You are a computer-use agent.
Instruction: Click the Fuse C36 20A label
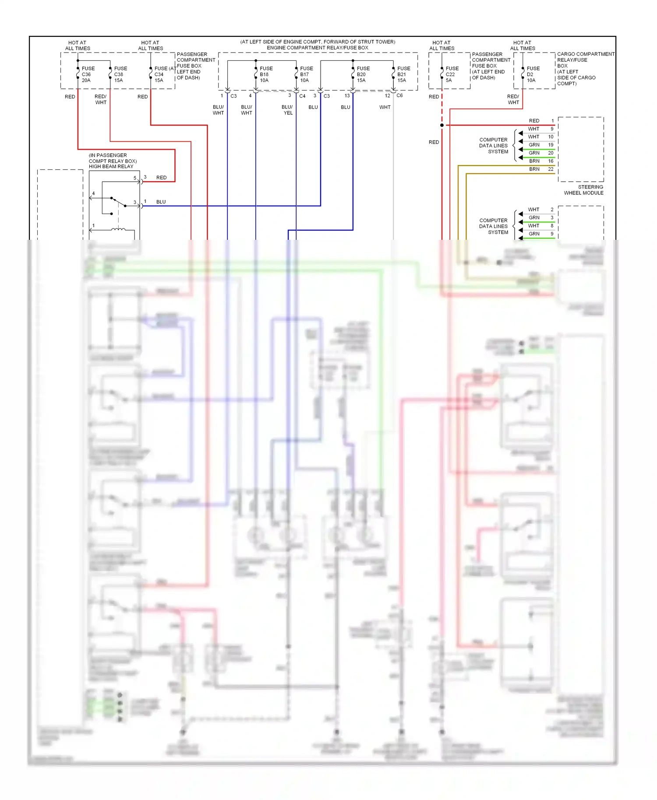[88, 74]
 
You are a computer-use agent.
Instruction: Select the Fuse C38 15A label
[120, 74]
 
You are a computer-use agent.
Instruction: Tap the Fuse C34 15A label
[160, 74]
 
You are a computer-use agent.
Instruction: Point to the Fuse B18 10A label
[266, 74]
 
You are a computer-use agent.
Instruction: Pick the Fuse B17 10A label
[306, 74]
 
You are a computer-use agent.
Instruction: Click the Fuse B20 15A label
[363, 74]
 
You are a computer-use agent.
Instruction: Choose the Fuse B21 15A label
[403, 74]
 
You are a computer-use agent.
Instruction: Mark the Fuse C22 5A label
[452, 74]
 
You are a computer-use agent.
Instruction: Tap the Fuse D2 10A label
[533, 74]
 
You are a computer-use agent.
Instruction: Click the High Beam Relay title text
[111, 166]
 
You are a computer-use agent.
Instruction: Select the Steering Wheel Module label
[583, 190]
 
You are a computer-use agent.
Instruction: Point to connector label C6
[399, 95]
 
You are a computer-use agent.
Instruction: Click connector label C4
[302, 96]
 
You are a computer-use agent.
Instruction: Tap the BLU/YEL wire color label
[287, 110]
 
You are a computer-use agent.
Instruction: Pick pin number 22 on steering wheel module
[551, 169]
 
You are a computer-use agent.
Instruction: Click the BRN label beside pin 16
[534, 161]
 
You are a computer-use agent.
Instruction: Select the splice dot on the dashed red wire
[442, 125]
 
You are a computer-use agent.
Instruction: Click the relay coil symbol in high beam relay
[118, 229]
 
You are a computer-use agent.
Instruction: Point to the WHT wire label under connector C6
[385, 107]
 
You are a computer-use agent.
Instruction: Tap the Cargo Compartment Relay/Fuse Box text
[585, 69]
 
